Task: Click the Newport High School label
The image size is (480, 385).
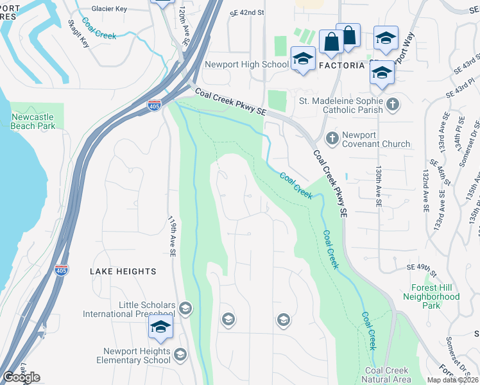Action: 246,65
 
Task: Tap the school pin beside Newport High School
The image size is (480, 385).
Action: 302,59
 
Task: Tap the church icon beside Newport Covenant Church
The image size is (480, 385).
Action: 332,137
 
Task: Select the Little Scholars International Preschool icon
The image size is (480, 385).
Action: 185,309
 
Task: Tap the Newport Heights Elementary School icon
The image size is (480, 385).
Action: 180,355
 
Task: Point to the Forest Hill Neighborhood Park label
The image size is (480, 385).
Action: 431,296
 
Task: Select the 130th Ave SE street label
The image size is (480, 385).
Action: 379,187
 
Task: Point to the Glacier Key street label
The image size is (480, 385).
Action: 109,9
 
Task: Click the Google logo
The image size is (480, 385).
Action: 21,377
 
